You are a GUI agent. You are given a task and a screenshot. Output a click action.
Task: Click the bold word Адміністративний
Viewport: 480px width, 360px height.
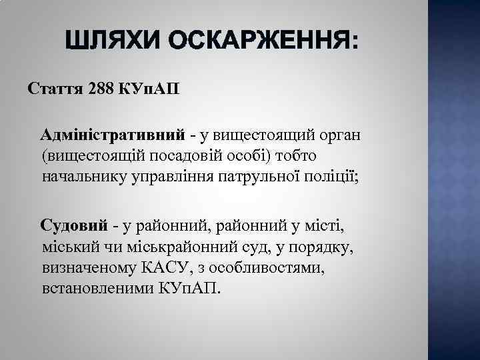112,135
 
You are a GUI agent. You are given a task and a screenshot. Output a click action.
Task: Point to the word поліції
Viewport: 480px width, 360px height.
333,178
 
